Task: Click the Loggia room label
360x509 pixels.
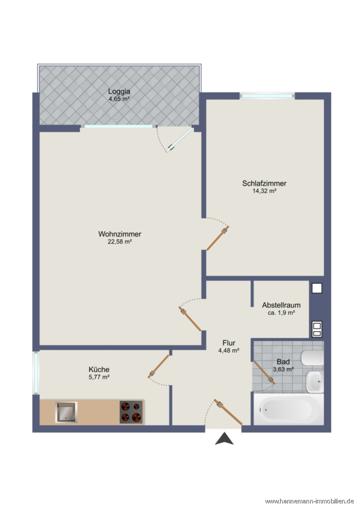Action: click(x=119, y=91)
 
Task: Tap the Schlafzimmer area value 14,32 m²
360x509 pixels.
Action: click(x=264, y=191)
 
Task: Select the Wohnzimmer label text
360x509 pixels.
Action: click(x=119, y=234)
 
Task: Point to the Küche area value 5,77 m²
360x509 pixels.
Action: click(x=98, y=377)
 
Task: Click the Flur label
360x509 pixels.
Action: click(x=229, y=343)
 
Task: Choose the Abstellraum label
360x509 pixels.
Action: click(x=281, y=305)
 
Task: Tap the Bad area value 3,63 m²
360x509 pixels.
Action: click(x=284, y=369)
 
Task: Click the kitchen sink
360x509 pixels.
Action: click(x=66, y=412)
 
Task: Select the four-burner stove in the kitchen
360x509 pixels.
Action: click(x=131, y=412)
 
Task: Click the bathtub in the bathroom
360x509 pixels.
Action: click(x=289, y=409)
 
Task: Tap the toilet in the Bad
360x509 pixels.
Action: click(x=312, y=358)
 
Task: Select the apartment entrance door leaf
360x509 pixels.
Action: click(x=228, y=412)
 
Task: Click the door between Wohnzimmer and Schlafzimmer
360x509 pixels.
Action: click(x=218, y=238)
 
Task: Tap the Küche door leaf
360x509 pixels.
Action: click(x=159, y=366)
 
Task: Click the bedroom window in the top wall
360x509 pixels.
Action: click(x=267, y=96)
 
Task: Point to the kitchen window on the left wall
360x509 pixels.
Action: click(x=36, y=373)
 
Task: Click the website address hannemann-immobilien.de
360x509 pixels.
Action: click(x=310, y=501)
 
